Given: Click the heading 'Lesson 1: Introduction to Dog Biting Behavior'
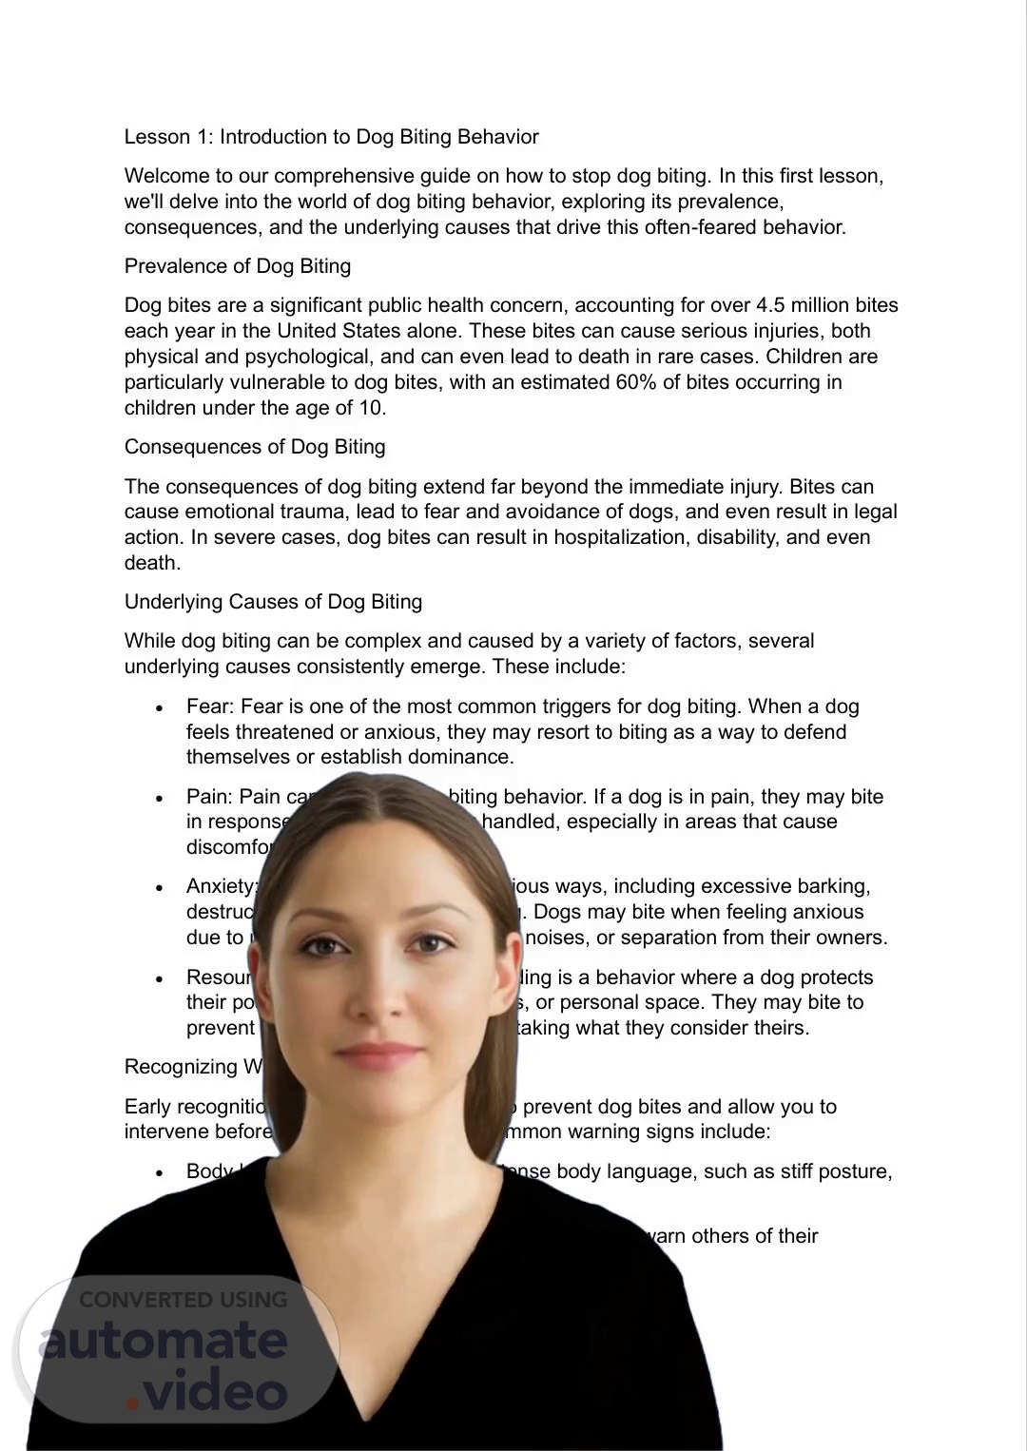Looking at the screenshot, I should click(x=331, y=137).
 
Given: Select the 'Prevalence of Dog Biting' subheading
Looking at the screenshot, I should click(x=238, y=266).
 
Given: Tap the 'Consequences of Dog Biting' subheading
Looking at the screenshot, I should click(x=255, y=447).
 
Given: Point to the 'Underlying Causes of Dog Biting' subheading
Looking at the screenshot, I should click(x=273, y=602).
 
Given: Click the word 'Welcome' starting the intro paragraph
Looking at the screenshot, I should click(x=164, y=176).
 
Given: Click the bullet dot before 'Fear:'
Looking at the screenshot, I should click(x=161, y=708).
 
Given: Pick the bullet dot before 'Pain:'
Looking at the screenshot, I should click(x=161, y=799).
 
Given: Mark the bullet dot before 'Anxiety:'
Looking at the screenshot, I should click(x=161, y=888).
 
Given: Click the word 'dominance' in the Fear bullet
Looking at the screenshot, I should click(x=465, y=757).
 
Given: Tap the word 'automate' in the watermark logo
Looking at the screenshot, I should click(x=164, y=1341).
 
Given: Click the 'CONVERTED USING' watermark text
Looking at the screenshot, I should click(x=183, y=1299).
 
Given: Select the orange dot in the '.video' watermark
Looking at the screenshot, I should click(x=132, y=1403).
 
